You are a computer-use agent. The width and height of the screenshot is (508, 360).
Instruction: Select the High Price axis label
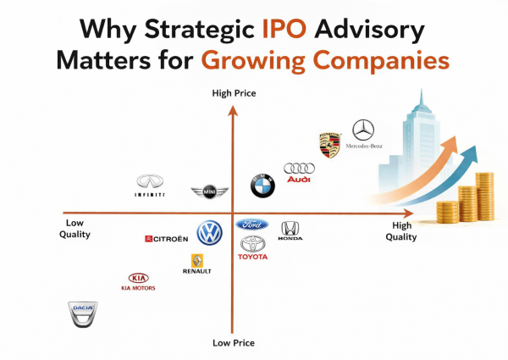(233, 92)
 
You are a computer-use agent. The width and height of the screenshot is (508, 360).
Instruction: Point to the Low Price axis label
(233, 343)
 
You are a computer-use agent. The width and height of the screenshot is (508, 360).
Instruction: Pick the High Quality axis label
(401, 231)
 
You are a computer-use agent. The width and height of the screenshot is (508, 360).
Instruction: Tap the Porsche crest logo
(329, 145)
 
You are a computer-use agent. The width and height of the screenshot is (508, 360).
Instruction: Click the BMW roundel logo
(262, 186)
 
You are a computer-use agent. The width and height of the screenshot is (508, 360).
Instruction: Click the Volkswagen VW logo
(209, 233)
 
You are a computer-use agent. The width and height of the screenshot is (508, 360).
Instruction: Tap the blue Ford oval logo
(252, 224)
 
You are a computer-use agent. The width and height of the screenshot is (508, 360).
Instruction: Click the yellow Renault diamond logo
(198, 262)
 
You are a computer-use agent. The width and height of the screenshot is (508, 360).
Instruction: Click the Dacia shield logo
(82, 314)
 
